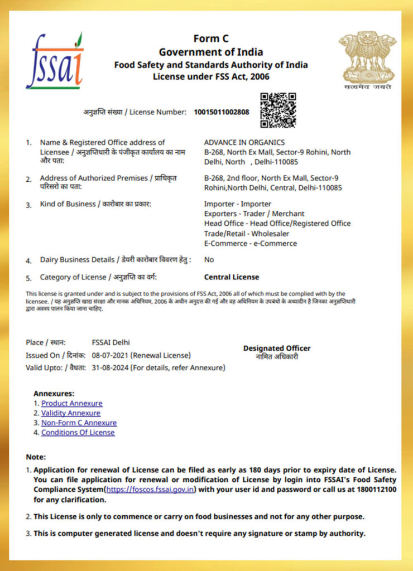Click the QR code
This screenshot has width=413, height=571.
pyautogui.click(x=278, y=110)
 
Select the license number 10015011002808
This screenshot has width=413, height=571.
pyautogui.click(x=222, y=112)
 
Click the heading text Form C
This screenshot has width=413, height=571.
pyautogui.click(x=211, y=38)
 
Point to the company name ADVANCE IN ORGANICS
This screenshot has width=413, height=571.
pyautogui.click(x=244, y=142)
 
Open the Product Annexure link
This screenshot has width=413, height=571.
pyautogui.click(x=71, y=403)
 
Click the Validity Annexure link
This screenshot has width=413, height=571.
pyautogui.click(x=71, y=413)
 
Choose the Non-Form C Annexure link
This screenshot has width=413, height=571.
pyautogui.click(x=79, y=423)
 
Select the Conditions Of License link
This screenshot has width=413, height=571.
pyautogui.click(x=78, y=432)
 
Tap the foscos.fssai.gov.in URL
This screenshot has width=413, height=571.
pyautogui.click(x=150, y=490)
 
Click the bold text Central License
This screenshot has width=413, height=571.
pyautogui.click(x=231, y=277)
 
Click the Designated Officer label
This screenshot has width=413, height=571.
pyautogui.click(x=277, y=349)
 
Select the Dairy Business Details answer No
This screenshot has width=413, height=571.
pyautogui.click(x=209, y=259)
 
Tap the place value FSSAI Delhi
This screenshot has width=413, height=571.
pyautogui.click(x=111, y=342)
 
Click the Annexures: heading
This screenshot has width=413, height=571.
pyautogui.click(x=54, y=393)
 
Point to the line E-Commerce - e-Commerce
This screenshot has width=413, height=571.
pyautogui.click(x=250, y=243)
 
